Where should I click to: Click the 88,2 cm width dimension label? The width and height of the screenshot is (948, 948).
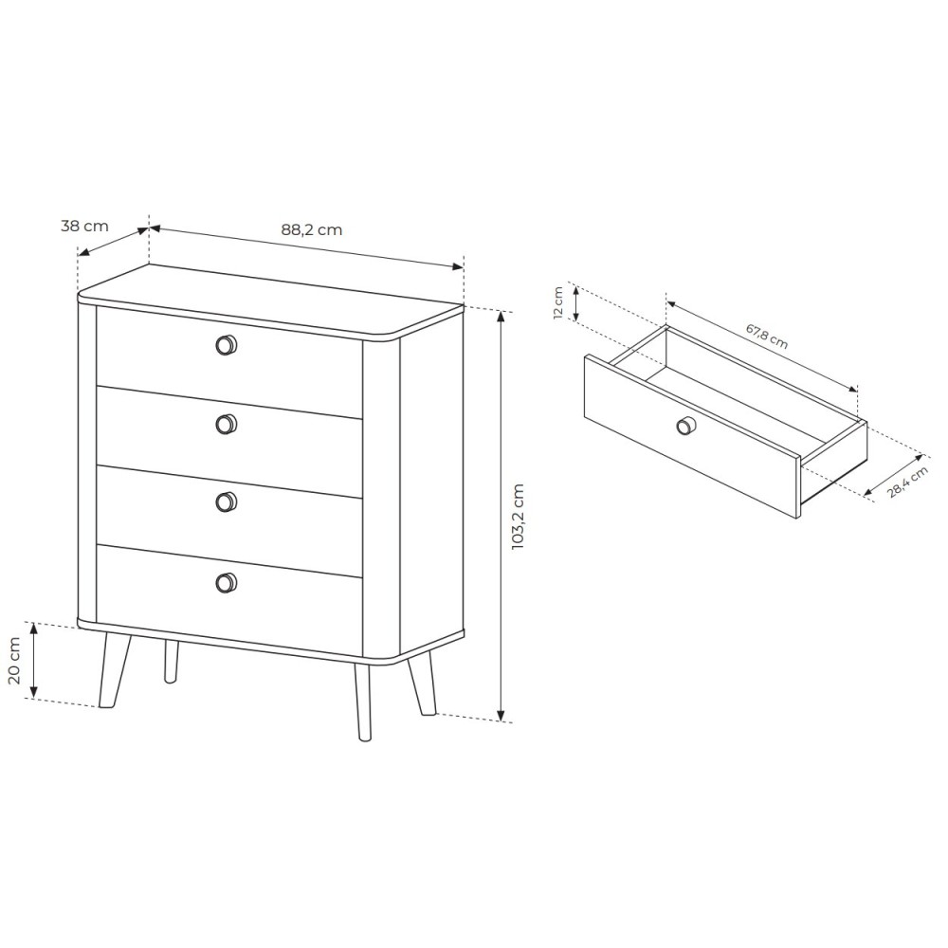click(311, 229)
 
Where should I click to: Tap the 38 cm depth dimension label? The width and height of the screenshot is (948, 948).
click(84, 227)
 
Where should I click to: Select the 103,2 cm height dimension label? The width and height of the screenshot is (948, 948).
click(518, 517)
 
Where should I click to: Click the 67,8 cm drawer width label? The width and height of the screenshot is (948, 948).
click(767, 337)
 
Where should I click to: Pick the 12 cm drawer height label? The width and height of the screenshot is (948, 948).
click(558, 302)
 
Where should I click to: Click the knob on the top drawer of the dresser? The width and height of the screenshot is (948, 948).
click(227, 345)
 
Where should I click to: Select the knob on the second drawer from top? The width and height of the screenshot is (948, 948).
click(227, 425)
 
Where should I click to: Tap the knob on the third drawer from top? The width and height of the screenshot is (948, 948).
click(227, 502)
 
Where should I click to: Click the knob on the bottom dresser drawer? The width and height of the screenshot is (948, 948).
click(227, 582)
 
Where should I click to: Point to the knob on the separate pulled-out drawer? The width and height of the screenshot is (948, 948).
click(685, 426)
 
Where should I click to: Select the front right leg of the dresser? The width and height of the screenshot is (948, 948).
click(363, 702)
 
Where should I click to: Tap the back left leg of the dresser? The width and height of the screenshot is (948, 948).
click(172, 662)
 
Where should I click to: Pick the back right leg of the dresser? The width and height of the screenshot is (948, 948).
click(422, 684)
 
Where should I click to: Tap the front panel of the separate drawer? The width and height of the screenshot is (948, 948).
click(693, 435)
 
